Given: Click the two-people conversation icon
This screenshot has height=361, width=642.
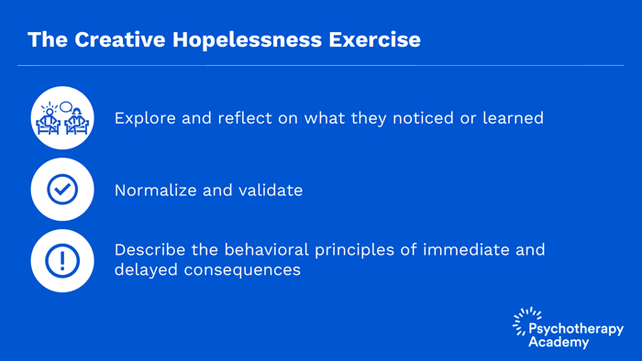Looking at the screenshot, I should click(62, 118).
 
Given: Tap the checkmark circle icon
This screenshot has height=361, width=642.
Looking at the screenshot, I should click(62, 190).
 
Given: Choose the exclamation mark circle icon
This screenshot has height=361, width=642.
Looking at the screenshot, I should click(62, 261).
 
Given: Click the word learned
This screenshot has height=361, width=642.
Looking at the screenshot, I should click(513, 118).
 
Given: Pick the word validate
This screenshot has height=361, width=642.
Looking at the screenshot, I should click(271, 191).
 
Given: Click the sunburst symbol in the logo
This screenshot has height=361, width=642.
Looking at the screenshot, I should click(526, 320).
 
